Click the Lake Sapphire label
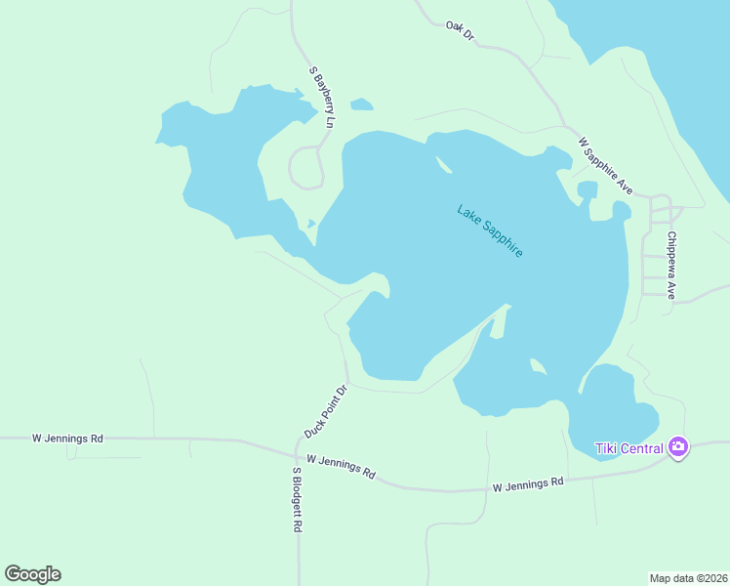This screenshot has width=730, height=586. [490, 230]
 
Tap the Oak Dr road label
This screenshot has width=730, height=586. [460, 30]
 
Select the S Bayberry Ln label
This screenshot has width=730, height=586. [322, 98]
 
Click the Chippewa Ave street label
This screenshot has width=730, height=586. [671, 265]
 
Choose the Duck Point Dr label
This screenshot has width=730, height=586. [326, 411]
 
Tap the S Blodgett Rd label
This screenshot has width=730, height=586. [297, 498]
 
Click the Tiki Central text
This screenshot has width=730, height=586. [629, 448]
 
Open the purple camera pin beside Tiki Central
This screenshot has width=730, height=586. [678, 448]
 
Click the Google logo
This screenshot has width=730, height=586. [33, 574]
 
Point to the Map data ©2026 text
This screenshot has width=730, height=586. [688, 578]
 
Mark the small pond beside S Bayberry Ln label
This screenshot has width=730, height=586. [361, 104]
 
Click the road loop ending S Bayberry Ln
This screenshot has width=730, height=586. [306, 167]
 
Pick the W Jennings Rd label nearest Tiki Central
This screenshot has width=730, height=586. [528, 483]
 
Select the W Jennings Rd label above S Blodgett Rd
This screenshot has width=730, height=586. [341, 465]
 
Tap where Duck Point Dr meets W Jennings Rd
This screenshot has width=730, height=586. [297, 452]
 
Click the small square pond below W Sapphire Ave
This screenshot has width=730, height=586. [587, 188]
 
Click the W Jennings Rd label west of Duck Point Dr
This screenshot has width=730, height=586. [67, 439]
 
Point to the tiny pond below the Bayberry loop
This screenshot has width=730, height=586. [311, 224]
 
